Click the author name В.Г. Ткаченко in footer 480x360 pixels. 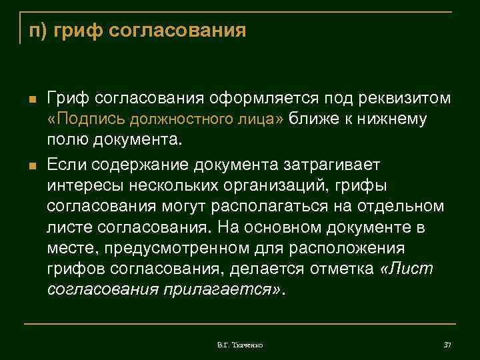240,345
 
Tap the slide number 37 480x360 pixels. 447,345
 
